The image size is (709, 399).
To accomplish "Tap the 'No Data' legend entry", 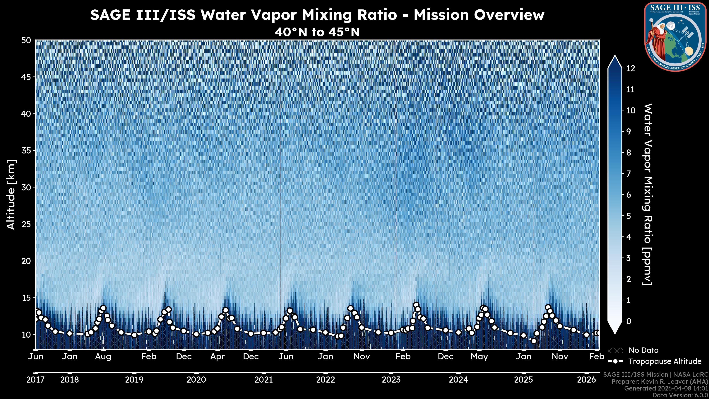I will pos(643,350).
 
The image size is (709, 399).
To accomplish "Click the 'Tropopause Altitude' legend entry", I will pos(665,361).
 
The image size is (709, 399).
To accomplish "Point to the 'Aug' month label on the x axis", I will pos(103,357).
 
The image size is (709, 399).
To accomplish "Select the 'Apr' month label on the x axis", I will pos(218,357).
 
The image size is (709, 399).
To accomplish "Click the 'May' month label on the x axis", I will pos(479,357).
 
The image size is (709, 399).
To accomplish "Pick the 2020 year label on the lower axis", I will pos(196,380).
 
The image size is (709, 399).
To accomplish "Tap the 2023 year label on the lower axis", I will pos(391,380).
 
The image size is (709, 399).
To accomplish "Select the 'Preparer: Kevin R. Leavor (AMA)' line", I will pos(660,382).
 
